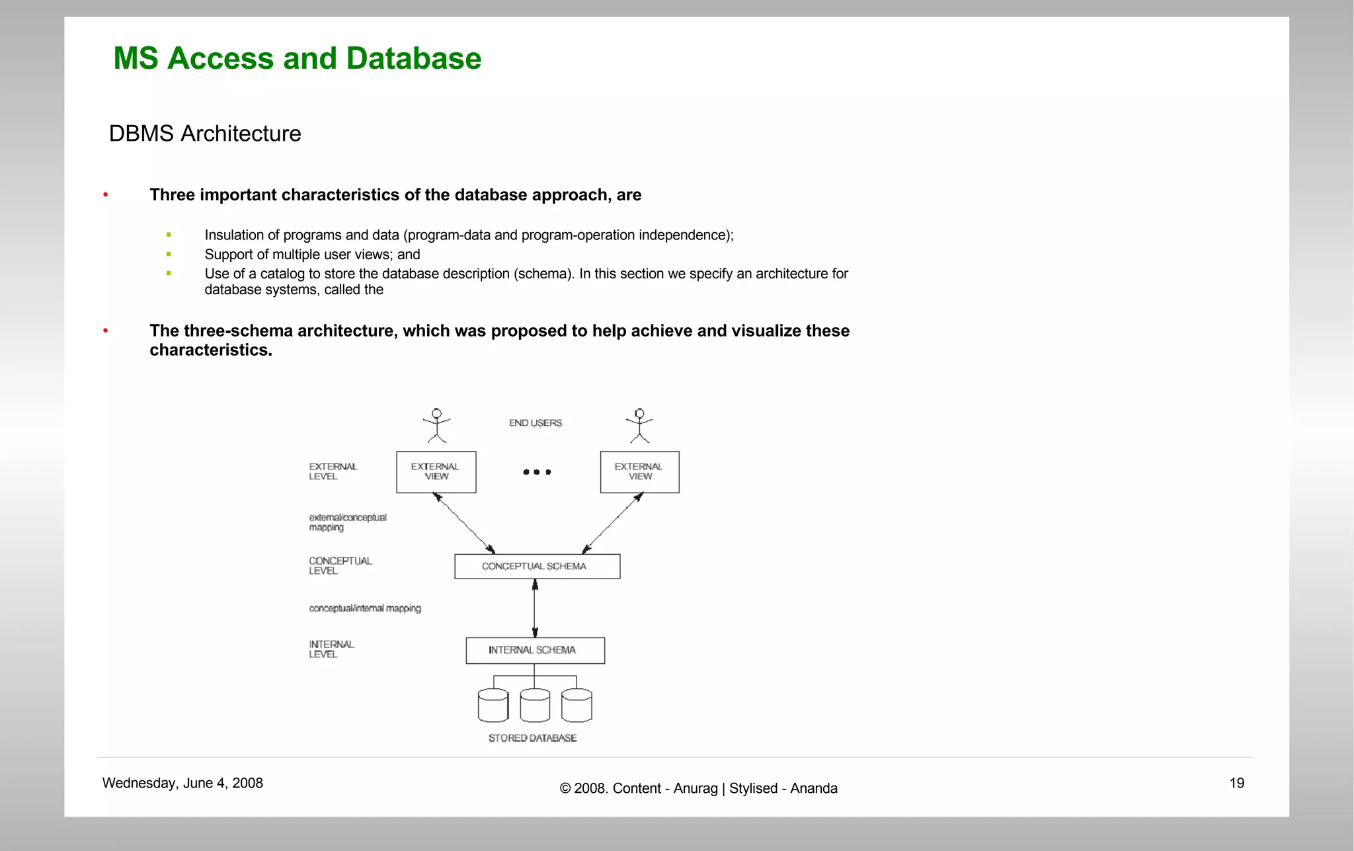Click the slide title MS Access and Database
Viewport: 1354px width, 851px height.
[x=298, y=58]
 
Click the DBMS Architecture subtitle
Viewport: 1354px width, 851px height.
[x=205, y=134]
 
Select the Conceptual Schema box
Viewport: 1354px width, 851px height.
[x=537, y=567]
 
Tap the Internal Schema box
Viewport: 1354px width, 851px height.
[x=535, y=651]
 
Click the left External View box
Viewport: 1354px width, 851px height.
[x=436, y=472]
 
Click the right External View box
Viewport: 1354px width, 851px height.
[x=639, y=472]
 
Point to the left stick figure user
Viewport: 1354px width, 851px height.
[x=436, y=426]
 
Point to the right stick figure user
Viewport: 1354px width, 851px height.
[x=639, y=426]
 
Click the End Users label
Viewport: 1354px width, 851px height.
[x=535, y=423]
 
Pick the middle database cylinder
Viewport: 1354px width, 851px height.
[x=535, y=706]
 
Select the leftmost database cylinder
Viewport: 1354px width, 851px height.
[x=493, y=706]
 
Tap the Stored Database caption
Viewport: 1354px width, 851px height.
[x=532, y=739]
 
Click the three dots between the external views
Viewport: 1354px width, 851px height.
[x=537, y=472]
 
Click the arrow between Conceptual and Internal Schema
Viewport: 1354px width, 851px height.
[x=535, y=608]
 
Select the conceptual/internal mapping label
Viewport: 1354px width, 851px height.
[x=364, y=608]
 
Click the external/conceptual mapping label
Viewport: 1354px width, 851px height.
[x=348, y=522]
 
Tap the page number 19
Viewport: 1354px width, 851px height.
[x=1236, y=784]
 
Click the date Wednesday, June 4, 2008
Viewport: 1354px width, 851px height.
[x=182, y=784]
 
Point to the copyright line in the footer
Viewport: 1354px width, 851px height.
[x=698, y=789]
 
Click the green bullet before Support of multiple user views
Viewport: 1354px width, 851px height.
[x=169, y=254]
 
